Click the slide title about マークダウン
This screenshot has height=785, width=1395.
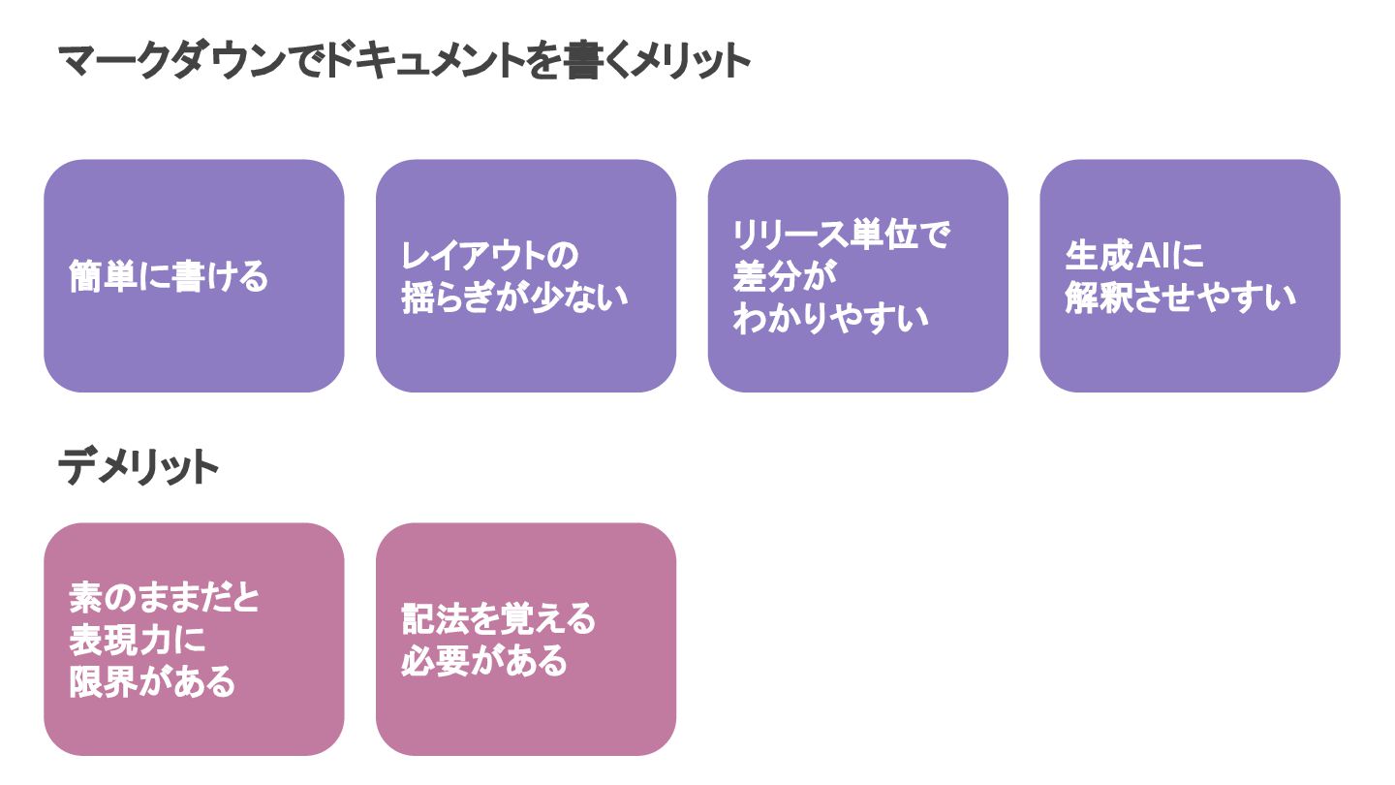[x=405, y=63]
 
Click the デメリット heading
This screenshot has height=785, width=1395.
[x=139, y=468]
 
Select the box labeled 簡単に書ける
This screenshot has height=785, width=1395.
[x=194, y=276]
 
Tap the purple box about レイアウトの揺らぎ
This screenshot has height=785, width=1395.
[x=526, y=276]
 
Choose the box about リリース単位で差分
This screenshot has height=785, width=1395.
[x=857, y=276]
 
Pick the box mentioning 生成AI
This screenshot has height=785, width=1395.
[x=1190, y=276]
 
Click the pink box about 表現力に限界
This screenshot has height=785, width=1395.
[x=194, y=640]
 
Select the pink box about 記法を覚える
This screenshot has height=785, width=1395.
[x=526, y=640]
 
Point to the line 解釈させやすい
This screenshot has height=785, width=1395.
[x=1180, y=298]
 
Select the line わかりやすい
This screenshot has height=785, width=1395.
[x=830, y=319]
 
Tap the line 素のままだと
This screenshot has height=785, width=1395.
[x=165, y=598]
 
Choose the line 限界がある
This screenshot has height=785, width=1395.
[x=152, y=682]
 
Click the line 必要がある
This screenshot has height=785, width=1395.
[x=484, y=661]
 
